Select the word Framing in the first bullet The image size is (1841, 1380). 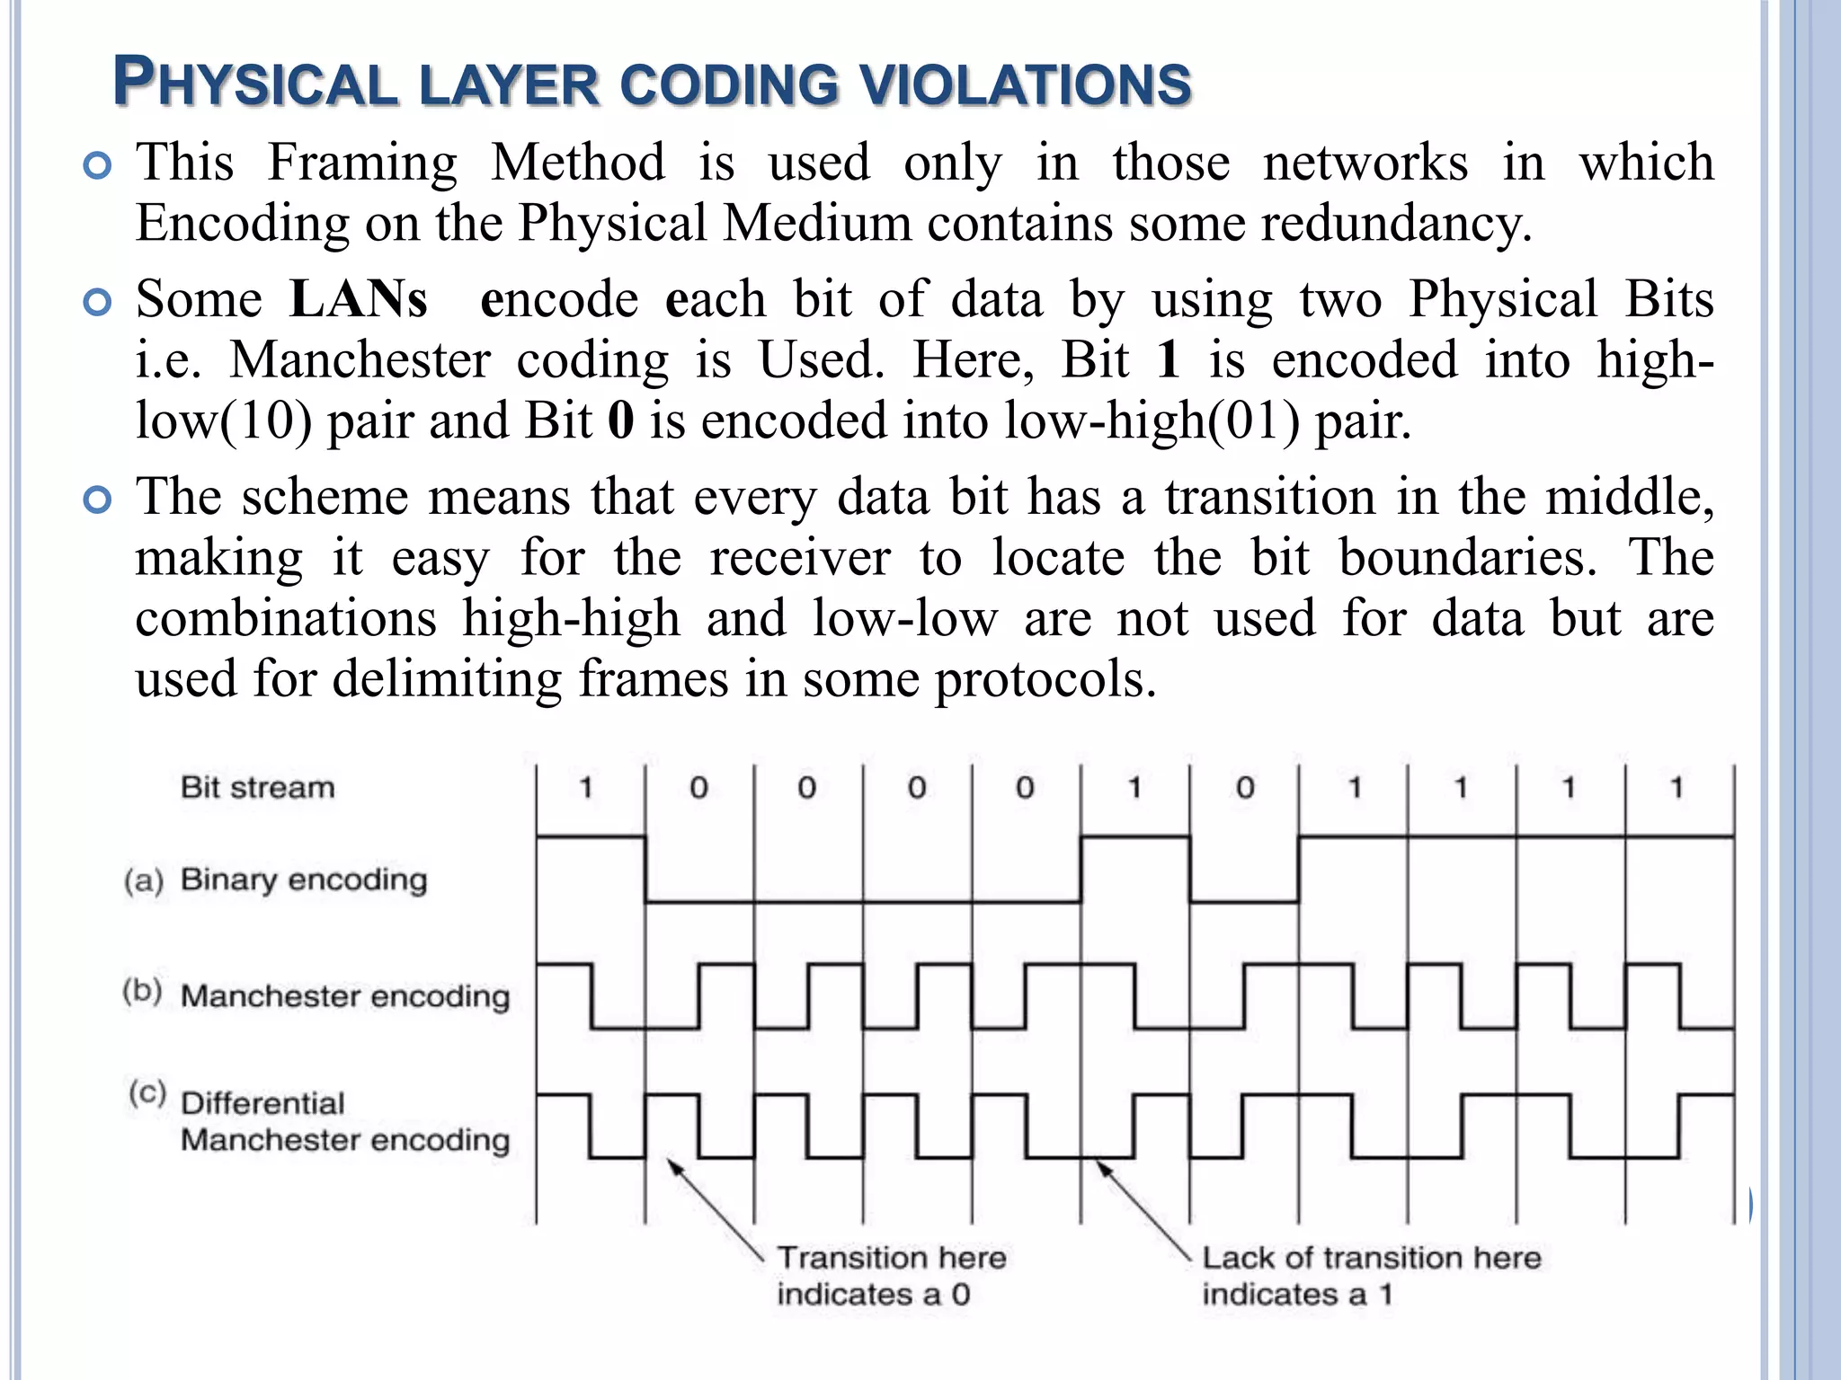click(x=361, y=163)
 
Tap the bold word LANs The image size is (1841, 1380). click(x=358, y=299)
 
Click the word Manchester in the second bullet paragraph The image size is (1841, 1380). click(x=360, y=360)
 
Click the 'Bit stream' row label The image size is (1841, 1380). click(x=257, y=788)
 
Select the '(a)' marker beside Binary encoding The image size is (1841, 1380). click(x=144, y=880)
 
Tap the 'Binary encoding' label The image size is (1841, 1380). click(x=304, y=880)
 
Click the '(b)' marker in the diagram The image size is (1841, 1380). click(x=143, y=992)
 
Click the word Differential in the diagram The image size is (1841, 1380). click(x=262, y=1103)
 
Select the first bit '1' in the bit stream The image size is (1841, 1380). click(x=586, y=789)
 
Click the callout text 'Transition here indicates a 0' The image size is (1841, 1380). click(x=890, y=1276)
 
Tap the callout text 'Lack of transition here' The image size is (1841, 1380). click(x=1371, y=1258)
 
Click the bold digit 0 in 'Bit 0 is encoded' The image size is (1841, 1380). click(x=620, y=421)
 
